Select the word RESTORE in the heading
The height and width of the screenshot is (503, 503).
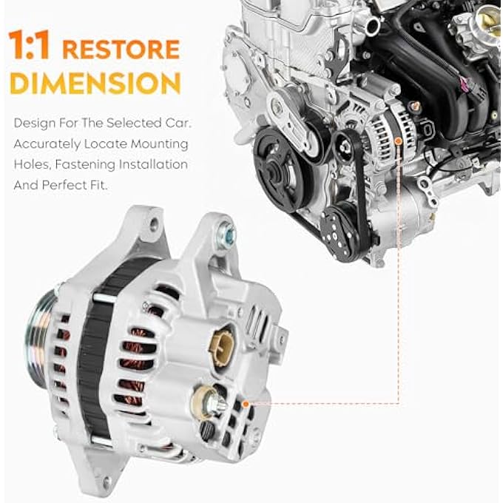click(x=121, y=50)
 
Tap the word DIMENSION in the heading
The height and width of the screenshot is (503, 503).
click(x=95, y=83)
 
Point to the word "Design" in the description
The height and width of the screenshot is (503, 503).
click(x=34, y=122)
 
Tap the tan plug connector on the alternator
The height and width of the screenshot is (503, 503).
click(x=221, y=342)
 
